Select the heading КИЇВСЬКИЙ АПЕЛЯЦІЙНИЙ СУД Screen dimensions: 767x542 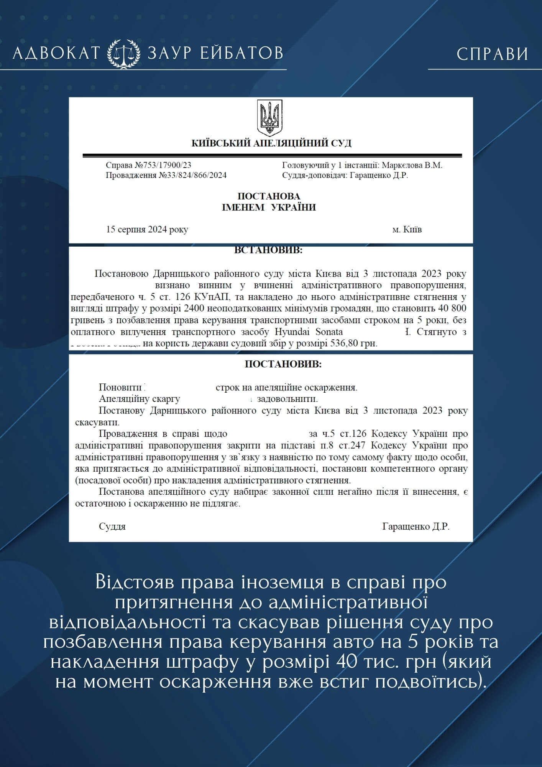[x=271, y=143]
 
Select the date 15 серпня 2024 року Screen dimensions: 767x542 [x=147, y=230]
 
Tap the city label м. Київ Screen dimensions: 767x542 [x=407, y=230]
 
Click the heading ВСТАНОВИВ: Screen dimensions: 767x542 [x=268, y=250]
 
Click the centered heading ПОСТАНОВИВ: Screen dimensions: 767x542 [x=283, y=364]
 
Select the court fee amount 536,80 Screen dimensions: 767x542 [x=344, y=343]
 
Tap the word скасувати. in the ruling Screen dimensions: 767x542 [x=97, y=422]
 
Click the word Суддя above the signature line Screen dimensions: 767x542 [x=112, y=527]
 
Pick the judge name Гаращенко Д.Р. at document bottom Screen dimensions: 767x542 [x=416, y=527]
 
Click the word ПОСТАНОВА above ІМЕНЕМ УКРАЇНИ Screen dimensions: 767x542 [x=269, y=196]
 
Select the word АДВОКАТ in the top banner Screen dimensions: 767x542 [x=57, y=53]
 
